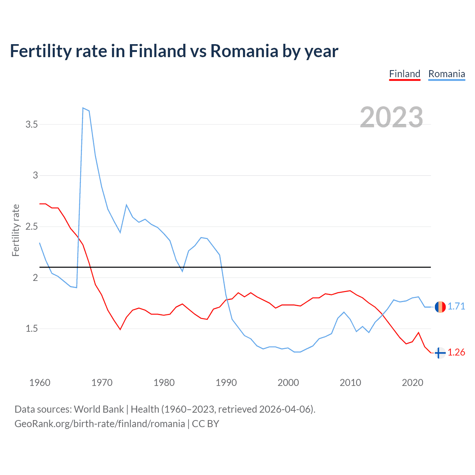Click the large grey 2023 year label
point(392,117)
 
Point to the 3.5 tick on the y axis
point(32,124)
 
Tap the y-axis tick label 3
point(36,175)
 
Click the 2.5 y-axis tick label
point(32,226)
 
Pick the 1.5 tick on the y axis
point(32,328)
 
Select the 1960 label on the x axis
point(40,383)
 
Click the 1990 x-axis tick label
point(226,383)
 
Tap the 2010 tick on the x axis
point(350,383)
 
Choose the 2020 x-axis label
point(412,383)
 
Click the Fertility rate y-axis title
point(16,230)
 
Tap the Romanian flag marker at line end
point(440,307)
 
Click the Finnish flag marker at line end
point(440,353)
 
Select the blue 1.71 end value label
point(456,306)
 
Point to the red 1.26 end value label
point(456,352)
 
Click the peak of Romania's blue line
point(83,108)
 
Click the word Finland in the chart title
point(157,51)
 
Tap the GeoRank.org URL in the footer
point(99,424)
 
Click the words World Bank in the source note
point(99,409)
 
